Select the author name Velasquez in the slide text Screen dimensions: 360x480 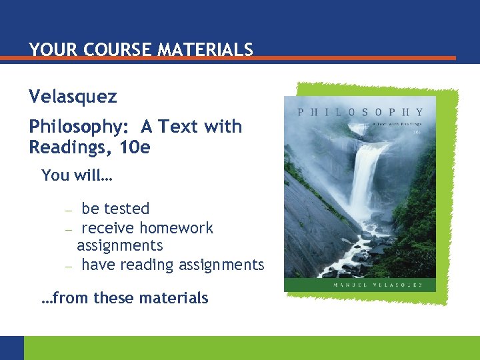[73, 97]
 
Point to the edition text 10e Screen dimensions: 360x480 [135, 147]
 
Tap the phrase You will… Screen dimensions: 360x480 [77, 175]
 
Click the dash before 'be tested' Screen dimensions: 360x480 [68, 210]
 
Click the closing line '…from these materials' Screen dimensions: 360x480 [125, 298]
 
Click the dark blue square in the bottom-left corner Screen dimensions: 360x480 [11, 348]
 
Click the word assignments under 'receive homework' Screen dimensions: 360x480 [119, 245]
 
